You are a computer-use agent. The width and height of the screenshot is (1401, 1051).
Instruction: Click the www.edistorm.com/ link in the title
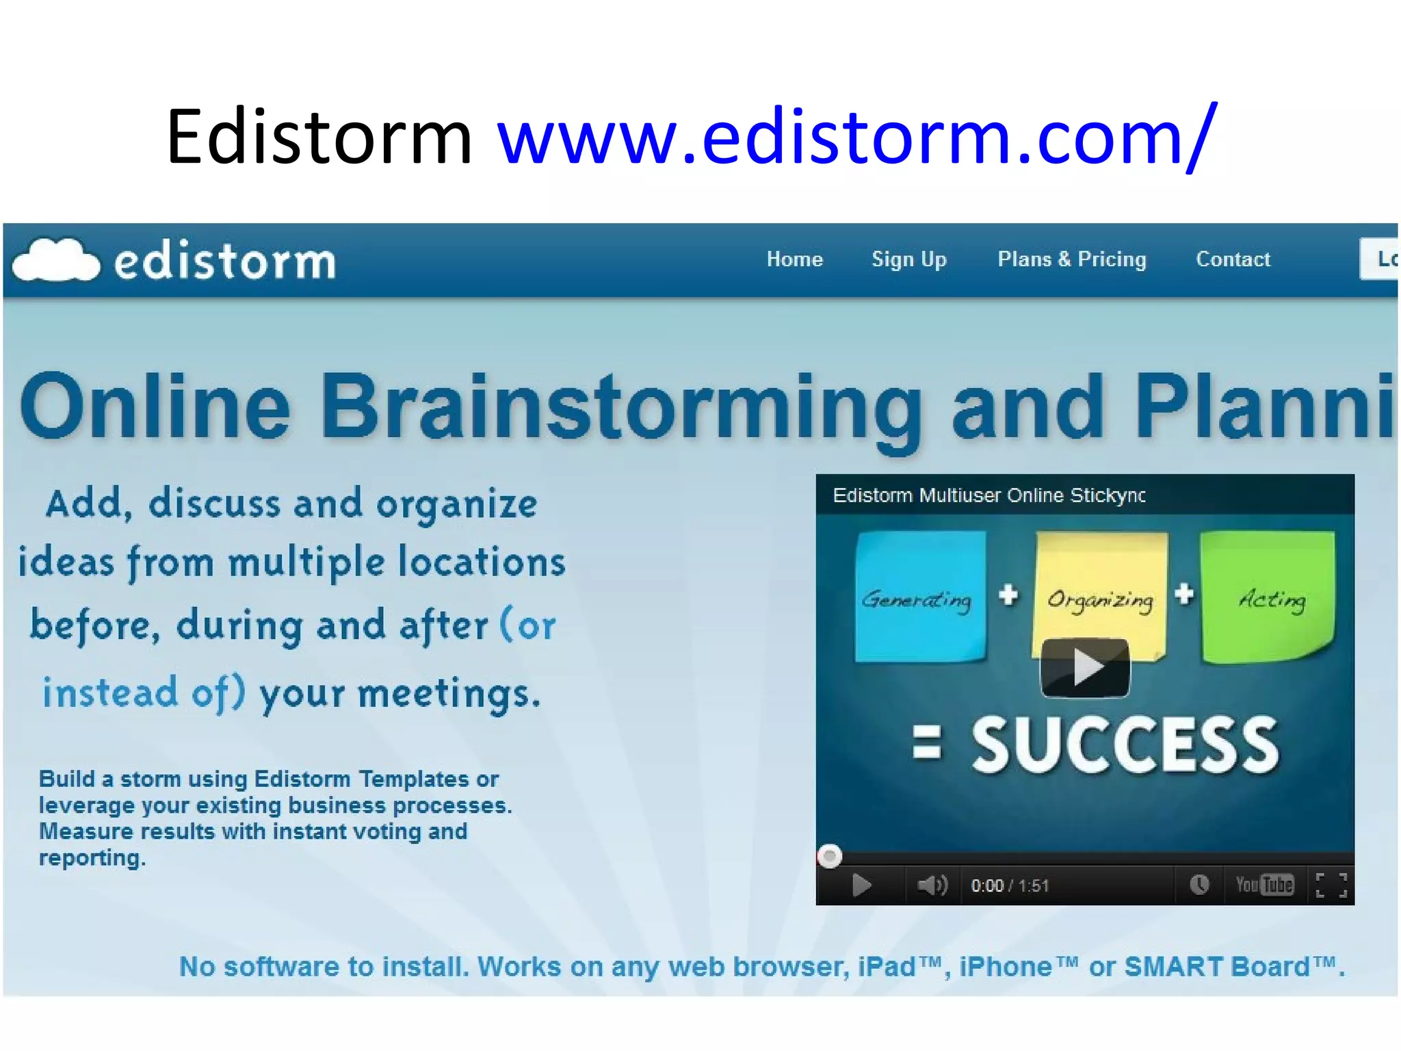tap(856, 137)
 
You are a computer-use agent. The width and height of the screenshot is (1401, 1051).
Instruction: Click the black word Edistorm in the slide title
tap(319, 137)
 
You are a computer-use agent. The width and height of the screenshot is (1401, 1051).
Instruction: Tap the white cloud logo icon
tap(56, 260)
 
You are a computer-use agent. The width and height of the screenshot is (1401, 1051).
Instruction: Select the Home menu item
tap(794, 259)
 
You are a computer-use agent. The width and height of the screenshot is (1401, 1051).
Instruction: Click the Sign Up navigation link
tap(908, 259)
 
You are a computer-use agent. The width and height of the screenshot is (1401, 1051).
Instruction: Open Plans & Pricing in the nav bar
tap(1071, 259)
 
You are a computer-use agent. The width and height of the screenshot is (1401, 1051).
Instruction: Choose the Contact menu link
tap(1233, 259)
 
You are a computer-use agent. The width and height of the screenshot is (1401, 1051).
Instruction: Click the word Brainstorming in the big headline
tap(621, 407)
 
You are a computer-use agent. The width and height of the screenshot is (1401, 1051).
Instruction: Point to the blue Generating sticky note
tap(919, 595)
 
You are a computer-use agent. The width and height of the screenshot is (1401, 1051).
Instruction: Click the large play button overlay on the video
tap(1085, 667)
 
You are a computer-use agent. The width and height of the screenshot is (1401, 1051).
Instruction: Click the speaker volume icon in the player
tap(932, 885)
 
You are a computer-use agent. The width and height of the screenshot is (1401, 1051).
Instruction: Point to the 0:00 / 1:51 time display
tap(1010, 886)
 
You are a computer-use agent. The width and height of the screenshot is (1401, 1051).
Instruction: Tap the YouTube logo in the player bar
tap(1264, 885)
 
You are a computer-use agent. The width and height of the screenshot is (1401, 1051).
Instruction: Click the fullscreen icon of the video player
tap(1331, 885)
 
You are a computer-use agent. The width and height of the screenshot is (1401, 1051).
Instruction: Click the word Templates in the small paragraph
tap(413, 779)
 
